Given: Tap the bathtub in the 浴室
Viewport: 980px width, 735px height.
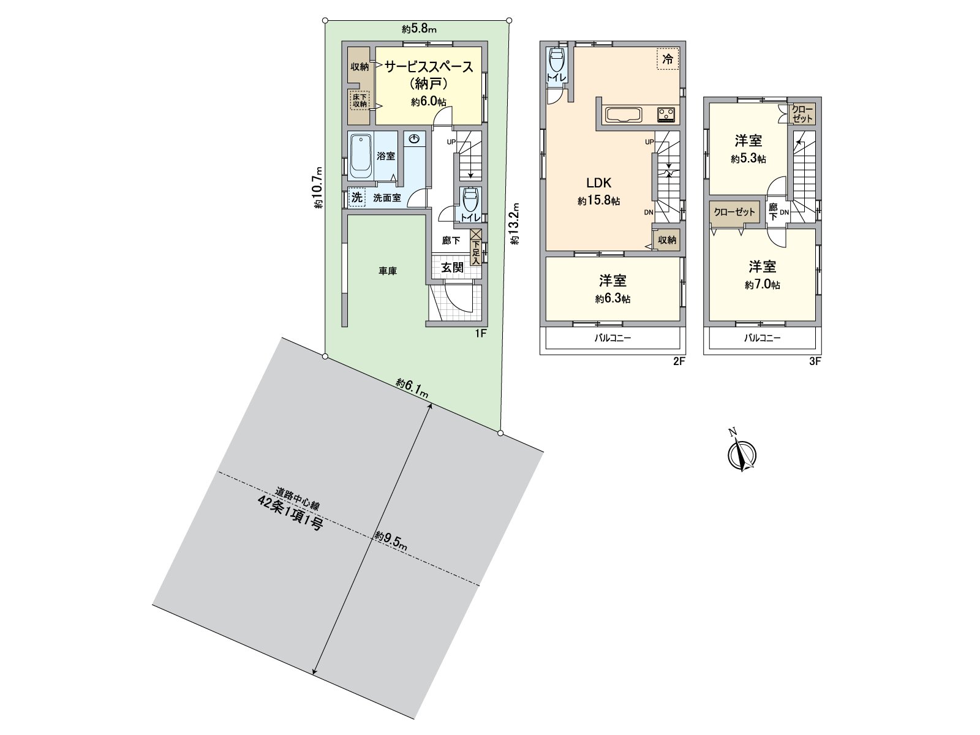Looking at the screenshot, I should pos(361,156).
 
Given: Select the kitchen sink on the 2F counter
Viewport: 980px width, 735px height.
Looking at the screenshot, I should pos(622,114).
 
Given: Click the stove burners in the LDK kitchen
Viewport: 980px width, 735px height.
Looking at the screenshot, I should pos(666,114).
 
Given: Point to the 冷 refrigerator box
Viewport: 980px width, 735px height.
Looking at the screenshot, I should pos(668,59).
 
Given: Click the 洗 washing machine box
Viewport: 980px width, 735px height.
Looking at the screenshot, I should pos(356,198).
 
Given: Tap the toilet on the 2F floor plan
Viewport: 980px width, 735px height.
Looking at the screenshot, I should pos(556,62).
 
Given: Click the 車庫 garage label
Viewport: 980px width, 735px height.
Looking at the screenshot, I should pos(387,270).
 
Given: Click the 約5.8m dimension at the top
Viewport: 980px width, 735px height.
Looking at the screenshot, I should pos(419,29).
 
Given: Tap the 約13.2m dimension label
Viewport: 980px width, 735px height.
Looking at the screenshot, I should pos(515,224).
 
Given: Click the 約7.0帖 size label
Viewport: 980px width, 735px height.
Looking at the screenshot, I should pos(763,285).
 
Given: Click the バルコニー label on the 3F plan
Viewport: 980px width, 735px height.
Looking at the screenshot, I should pos(763,337).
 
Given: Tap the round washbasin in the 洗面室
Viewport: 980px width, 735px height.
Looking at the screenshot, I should pos(415,140).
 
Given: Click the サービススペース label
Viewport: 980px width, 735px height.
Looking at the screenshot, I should pos(428,67).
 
